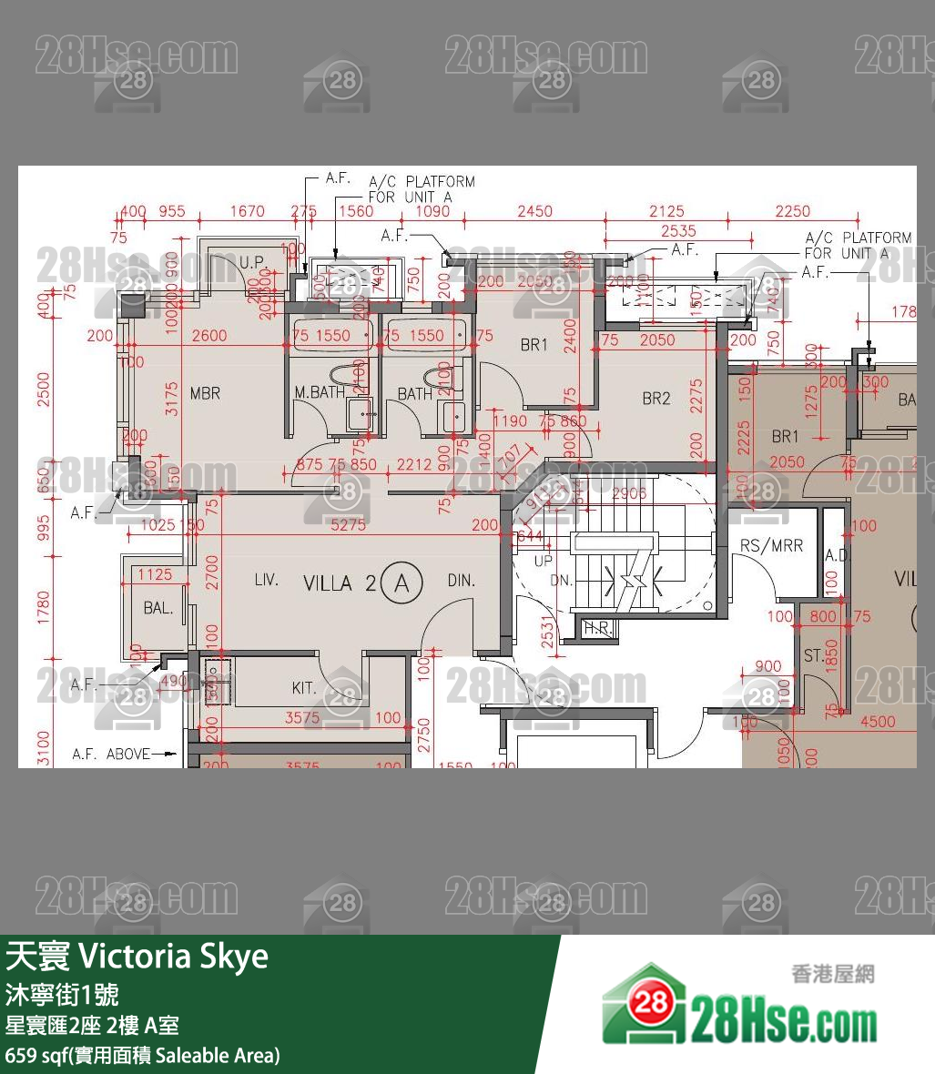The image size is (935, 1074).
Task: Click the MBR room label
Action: pos(205,393)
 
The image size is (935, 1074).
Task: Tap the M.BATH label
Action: pos(319,393)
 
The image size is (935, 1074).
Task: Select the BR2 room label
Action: pos(656,398)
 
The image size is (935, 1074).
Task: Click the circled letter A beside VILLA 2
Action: pos(401,584)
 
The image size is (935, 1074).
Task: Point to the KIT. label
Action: pos(304,689)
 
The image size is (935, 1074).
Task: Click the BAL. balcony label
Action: pos(158,608)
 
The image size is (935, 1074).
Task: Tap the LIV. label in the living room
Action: pos(266,580)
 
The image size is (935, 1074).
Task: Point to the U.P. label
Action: pos(252,262)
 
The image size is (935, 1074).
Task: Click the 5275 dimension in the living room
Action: pos(348,525)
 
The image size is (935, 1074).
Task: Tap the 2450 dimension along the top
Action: pos(534,211)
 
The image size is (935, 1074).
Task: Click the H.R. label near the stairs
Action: pos(597,628)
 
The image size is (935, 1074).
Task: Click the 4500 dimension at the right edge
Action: pos(877,722)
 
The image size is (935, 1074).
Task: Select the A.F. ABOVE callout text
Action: pos(111,755)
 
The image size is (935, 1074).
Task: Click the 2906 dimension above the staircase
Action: pos(629,494)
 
